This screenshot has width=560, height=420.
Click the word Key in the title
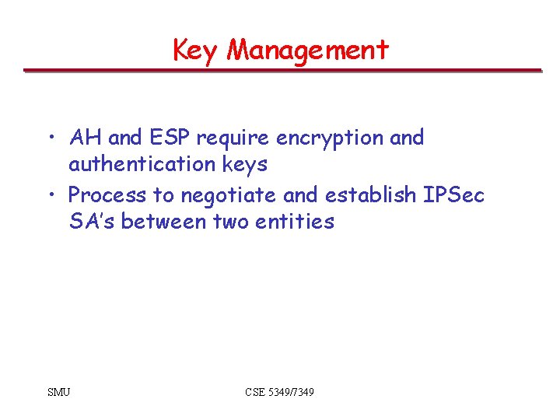pos(197,51)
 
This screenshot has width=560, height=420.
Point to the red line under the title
pos(282,71)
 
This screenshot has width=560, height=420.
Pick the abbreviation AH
pos(86,138)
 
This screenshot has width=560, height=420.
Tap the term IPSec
pos(453,194)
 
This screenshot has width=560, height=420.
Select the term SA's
pos(93,222)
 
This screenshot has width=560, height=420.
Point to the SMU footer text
pos(58,392)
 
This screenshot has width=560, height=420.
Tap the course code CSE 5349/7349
pos(279,392)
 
